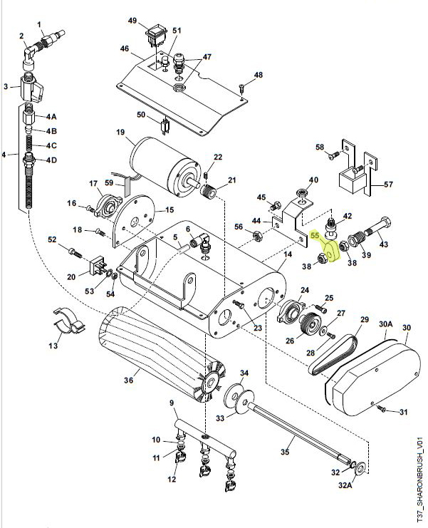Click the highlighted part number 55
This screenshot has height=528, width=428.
pos(314,234)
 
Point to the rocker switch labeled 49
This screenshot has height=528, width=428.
pos(155,33)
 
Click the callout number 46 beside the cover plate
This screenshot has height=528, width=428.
pos(124,49)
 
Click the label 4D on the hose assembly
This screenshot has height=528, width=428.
pos(51,160)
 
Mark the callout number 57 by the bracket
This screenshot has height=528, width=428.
pos(388,184)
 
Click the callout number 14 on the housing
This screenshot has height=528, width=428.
pos(288,254)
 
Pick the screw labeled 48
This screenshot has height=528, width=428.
pos(243,88)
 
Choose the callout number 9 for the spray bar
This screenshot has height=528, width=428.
pos(171,404)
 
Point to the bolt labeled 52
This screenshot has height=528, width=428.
pos(73,251)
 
